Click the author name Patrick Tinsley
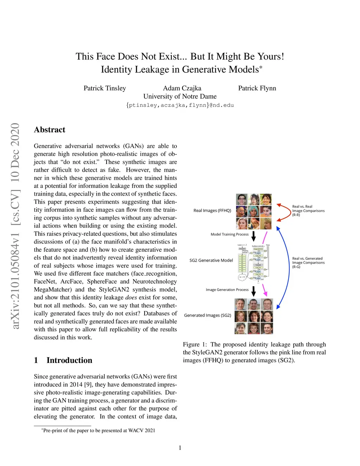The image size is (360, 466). tap(104, 88)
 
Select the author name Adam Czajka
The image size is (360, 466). tap(182, 88)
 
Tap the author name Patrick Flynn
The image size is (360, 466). tap(257, 88)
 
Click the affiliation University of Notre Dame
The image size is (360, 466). tap(180, 96)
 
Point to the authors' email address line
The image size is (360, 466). tap(180, 105)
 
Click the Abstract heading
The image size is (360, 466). tap(50, 130)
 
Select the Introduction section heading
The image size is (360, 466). tap(69, 360)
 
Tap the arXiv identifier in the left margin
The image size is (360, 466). tap(15, 226)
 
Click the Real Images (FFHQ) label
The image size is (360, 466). tap(212, 211)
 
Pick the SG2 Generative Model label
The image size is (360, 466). tap(211, 261)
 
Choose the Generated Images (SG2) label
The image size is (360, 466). tap(207, 315)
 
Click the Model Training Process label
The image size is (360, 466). tap(229, 234)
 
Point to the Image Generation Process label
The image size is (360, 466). tap(227, 290)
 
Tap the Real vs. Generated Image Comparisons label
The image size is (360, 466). tap(308, 263)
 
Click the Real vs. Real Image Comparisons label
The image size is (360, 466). tap(308, 211)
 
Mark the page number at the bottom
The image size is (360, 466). tap(180, 448)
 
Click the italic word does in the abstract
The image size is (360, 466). tap(131, 298)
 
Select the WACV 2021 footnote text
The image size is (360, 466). tap(99, 430)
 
